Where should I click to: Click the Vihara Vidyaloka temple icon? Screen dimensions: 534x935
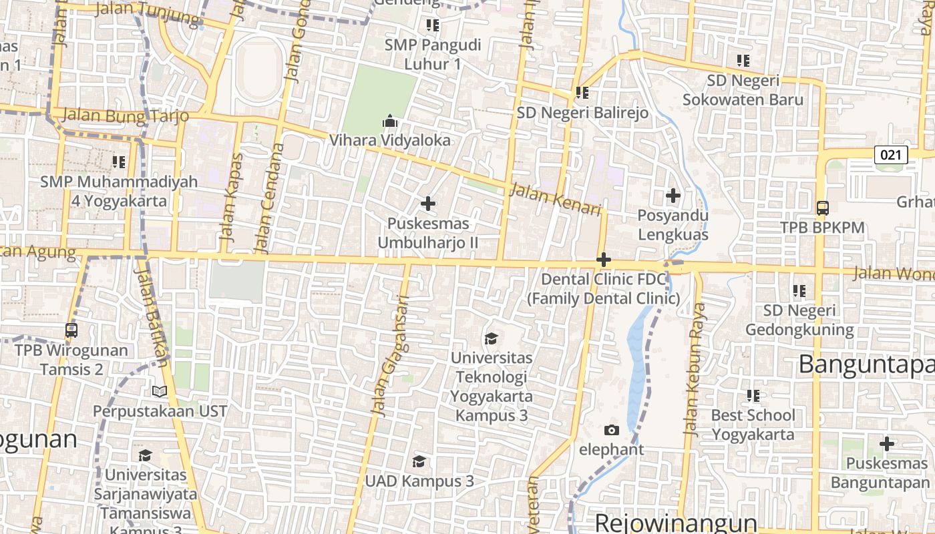(389, 121)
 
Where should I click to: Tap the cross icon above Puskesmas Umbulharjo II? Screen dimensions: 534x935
(428, 204)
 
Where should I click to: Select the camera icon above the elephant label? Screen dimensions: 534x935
(611, 430)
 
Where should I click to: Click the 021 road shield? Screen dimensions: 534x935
(891, 156)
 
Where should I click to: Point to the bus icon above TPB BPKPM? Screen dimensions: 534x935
(823, 208)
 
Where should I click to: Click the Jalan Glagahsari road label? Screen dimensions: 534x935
(394, 356)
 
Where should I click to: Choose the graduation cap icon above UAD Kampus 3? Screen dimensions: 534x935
(419, 461)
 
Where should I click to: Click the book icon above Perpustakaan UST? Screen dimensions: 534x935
(160, 392)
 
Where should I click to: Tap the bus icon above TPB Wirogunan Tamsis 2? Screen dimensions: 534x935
(71, 330)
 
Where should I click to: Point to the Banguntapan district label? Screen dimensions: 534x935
(866, 364)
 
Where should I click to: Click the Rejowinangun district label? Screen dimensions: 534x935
(676, 522)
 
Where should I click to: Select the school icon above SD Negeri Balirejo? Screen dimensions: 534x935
(582, 93)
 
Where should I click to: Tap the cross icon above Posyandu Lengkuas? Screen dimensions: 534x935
(673, 196)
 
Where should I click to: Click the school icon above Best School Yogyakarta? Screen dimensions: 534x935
(753, 395)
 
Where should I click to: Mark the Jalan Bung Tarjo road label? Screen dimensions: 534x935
(126, 116)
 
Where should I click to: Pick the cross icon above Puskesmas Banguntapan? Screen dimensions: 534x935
(886, 443)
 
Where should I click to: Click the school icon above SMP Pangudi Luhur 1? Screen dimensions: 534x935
(432, 25)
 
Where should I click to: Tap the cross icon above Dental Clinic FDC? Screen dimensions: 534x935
(604, 259)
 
